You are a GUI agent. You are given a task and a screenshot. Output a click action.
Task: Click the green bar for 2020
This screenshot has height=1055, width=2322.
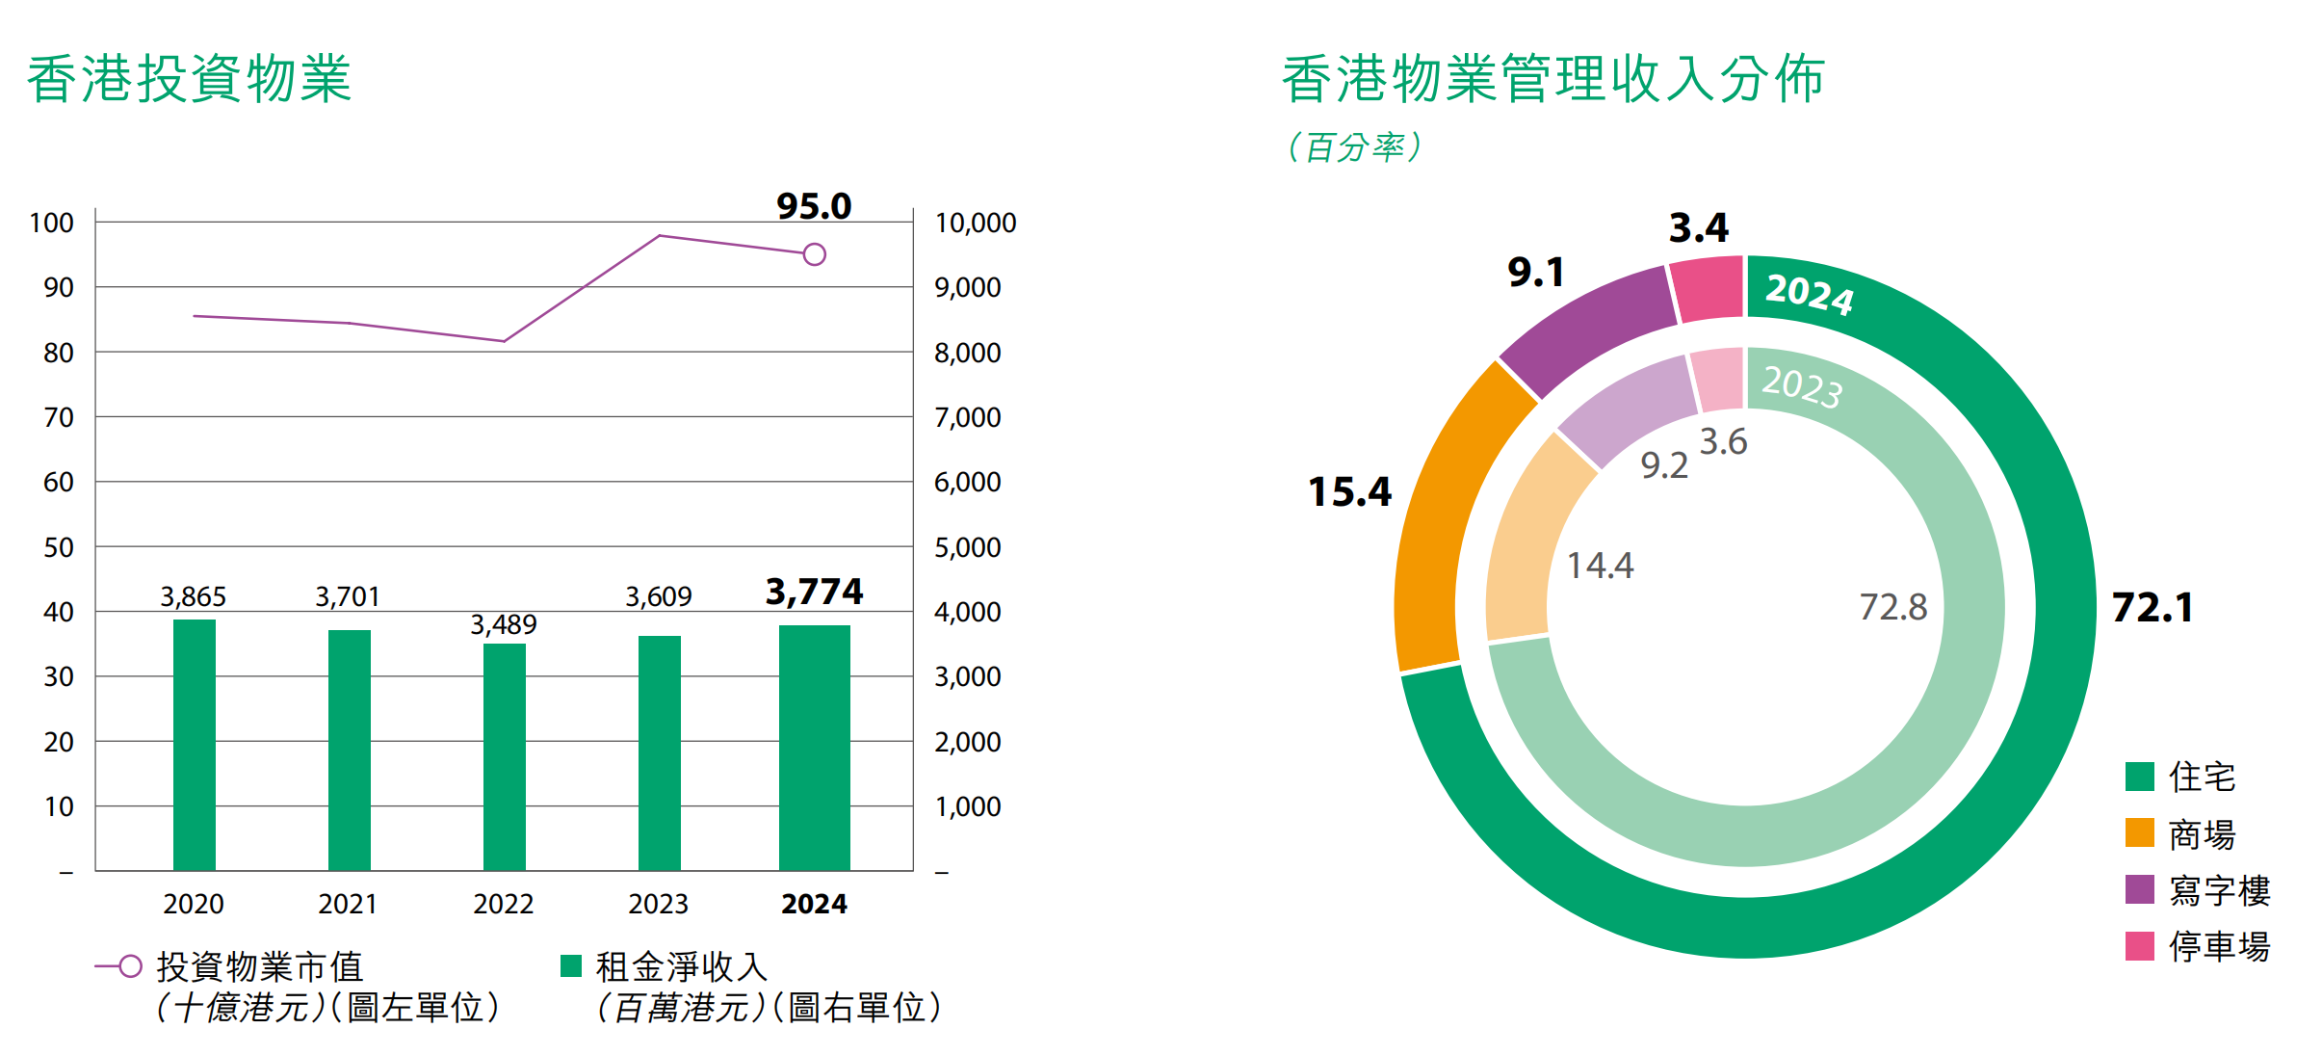[x=194, y=744]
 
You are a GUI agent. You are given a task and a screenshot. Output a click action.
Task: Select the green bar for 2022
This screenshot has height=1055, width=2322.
[x=504, y=756]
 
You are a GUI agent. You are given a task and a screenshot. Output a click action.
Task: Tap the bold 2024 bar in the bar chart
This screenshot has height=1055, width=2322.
[x=814, y=747]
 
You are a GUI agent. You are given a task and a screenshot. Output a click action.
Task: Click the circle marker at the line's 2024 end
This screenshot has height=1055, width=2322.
[x=814, y=254]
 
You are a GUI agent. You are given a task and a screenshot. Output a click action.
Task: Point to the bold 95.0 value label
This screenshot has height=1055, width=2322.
[x=814, y=206]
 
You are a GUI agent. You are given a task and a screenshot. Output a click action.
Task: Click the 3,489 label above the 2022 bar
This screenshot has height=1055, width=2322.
[x=504, y=624]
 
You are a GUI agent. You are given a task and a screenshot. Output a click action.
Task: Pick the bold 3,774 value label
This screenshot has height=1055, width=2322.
[x=814, y=592]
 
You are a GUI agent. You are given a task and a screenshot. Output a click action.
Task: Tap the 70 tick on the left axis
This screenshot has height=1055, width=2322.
[x=58, y=417]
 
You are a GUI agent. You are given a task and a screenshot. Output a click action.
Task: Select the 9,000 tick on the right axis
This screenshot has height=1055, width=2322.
[x=967, y=287]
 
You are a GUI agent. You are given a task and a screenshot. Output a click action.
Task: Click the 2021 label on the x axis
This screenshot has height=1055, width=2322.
[x=348, y=904]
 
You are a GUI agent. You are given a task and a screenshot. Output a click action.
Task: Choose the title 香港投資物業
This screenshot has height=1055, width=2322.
[x=189, y=79]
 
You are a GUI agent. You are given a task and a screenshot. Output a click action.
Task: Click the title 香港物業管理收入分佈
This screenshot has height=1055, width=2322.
[x=1552, y=79]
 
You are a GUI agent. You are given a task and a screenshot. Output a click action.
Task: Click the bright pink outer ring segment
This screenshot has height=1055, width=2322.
[x=1707, y=289]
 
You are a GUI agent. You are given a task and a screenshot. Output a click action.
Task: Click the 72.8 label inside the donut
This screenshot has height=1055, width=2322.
[x=1892, y=607]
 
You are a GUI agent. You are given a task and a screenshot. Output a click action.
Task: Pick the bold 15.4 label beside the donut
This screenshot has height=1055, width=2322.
[x=1349, y=492]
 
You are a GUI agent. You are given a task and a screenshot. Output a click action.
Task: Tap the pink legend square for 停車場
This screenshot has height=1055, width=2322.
[x=2139, y=946]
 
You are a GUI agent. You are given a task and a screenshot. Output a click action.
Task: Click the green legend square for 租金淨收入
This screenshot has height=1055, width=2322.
[x=571, y=965]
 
